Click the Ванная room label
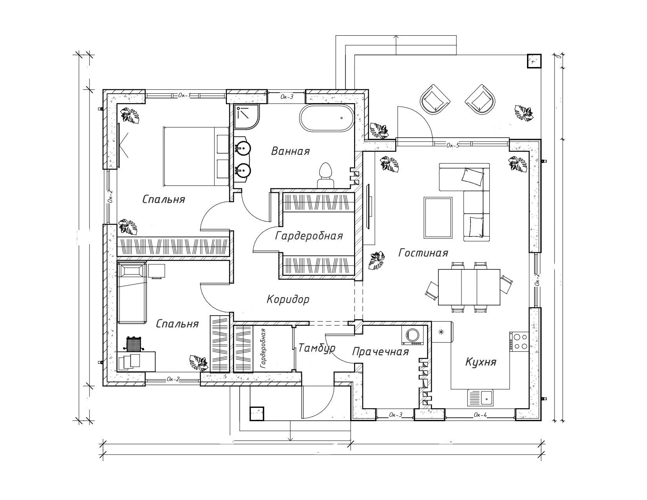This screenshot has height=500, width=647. (x=291, y=151)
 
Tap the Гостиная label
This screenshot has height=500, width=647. (x=423, y=253)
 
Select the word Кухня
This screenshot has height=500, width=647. (x=481, y=361)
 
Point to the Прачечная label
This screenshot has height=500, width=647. (x=380, y=351)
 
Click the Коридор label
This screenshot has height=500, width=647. (x=288, y=300)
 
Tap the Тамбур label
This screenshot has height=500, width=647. (x=317, y=348)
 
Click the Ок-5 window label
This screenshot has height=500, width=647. (x=452, y=145)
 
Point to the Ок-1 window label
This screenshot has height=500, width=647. (x=184, y=95)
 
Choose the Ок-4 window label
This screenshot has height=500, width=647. (x=480, y=415)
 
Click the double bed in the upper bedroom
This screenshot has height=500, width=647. (x=196, y=156)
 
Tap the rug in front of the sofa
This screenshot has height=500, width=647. (x=438, y=218)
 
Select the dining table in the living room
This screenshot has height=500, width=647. (x=469, y=287)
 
